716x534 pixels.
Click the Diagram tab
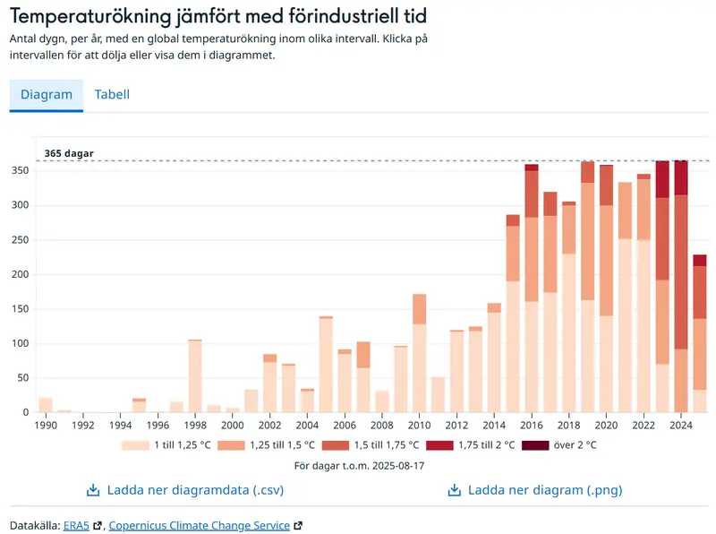click(47, 95)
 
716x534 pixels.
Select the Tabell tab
click(112, 95)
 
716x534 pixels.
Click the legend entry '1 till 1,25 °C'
click(176, 444)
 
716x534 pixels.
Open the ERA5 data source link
click(75, 525)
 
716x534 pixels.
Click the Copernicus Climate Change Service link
click(199, 525)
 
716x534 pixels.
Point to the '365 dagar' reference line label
click(69, 153)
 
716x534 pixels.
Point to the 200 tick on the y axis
click(20, 274)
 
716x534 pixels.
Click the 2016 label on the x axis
click(532, 425)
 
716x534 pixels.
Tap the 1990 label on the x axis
click(46, 425)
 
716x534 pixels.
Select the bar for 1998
click(195, 376)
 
